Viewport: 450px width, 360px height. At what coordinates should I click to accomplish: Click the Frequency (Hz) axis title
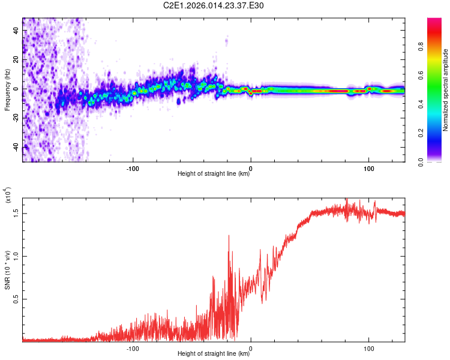(x=7, y=89)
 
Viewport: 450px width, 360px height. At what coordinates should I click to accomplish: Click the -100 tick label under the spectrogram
(x=133, y=167)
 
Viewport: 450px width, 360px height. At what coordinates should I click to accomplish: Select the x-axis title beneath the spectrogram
(x=214, y=175)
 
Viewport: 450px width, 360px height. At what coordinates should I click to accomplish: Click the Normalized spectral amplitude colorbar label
(x=446, y=90)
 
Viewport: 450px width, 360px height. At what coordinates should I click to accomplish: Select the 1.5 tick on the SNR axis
(x=16, y=212)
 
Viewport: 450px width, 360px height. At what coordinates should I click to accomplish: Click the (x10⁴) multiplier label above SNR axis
(x=8, y=196)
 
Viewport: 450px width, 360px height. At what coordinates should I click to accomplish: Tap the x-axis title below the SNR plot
(x=214, y=353)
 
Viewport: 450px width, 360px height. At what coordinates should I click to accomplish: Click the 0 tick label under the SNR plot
(x=251, y=347)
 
